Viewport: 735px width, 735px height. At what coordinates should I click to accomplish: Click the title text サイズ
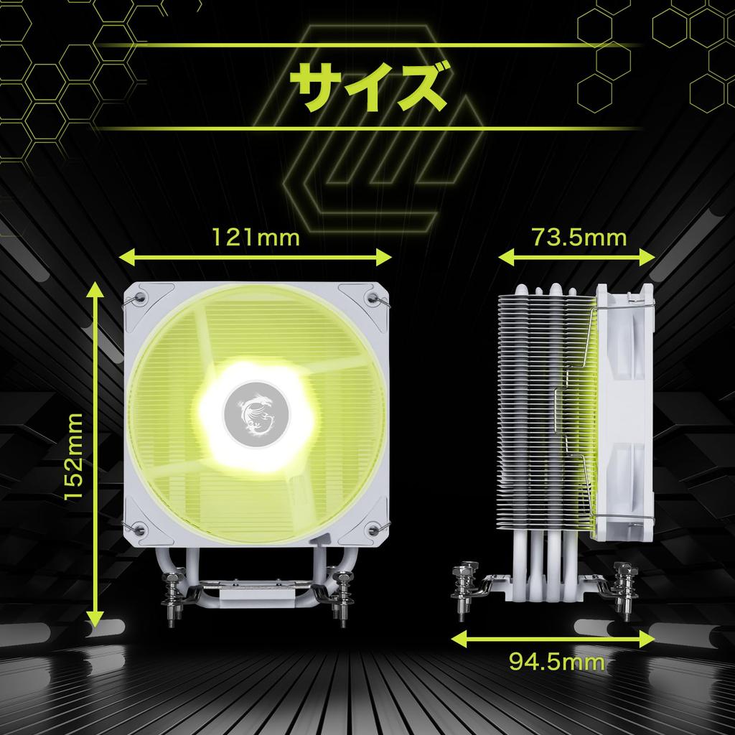click(x=367, y=87)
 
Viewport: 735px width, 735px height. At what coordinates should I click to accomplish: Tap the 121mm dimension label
click(x=255, y=237)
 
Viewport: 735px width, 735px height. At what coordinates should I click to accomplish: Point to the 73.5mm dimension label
click(x=579, y=237)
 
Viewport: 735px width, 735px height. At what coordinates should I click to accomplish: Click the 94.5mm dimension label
click(x=557, y=660)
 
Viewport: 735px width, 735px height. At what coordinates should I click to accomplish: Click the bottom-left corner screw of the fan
click(x=141, y=530)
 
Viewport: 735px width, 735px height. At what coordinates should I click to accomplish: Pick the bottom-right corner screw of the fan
click(x=372, y=530)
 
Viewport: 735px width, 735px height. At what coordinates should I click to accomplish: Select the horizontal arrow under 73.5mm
click(x=577, y=257)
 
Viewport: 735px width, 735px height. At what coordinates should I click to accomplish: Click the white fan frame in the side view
click(x=623, y=409)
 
